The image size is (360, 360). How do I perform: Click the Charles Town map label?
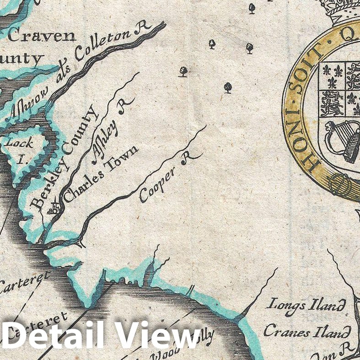(x=100, y=175)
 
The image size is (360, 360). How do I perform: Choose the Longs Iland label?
(x=306, y=305)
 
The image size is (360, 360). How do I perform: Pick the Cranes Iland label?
(x=307, y=331)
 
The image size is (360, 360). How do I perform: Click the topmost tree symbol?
(x=252, y=8)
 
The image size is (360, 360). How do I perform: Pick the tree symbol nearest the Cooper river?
(x=228, y=87)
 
